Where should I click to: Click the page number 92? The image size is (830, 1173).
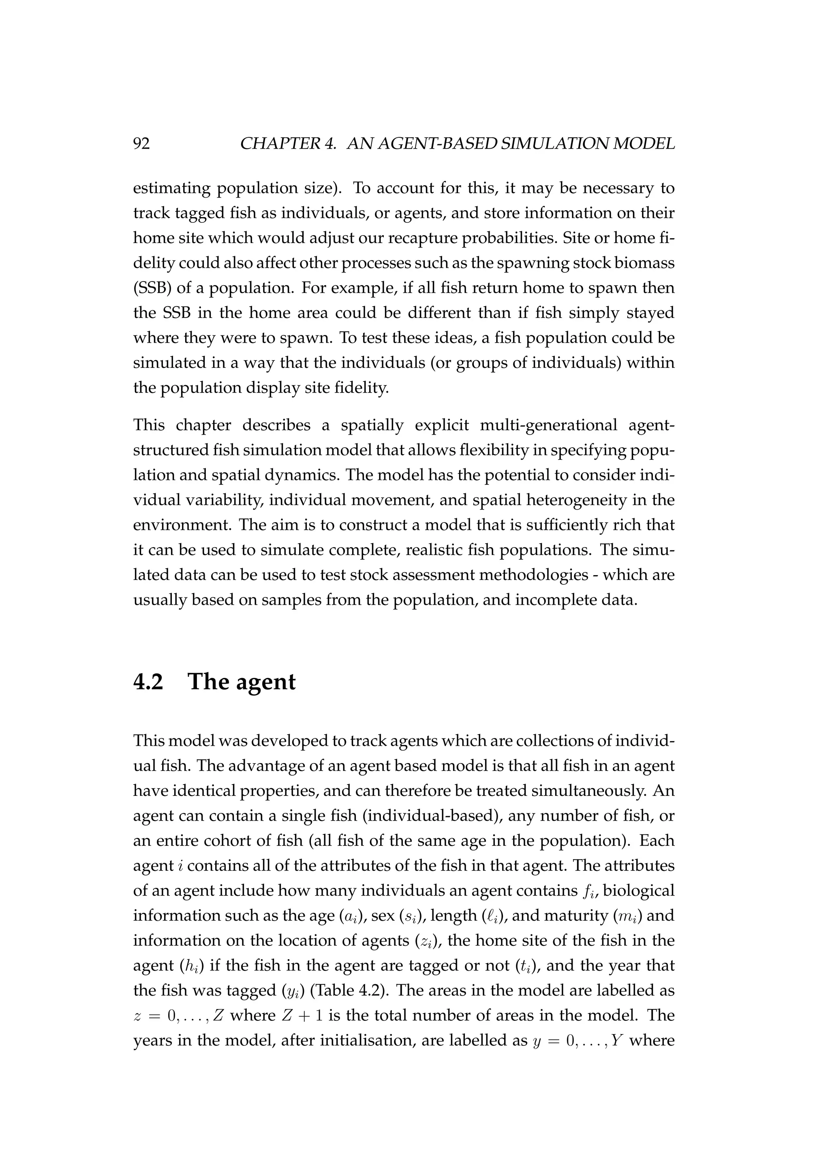tap(141, 144)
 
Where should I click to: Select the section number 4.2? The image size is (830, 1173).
tap(148, 682)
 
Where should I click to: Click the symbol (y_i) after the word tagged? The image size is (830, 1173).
tap(293, 991)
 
